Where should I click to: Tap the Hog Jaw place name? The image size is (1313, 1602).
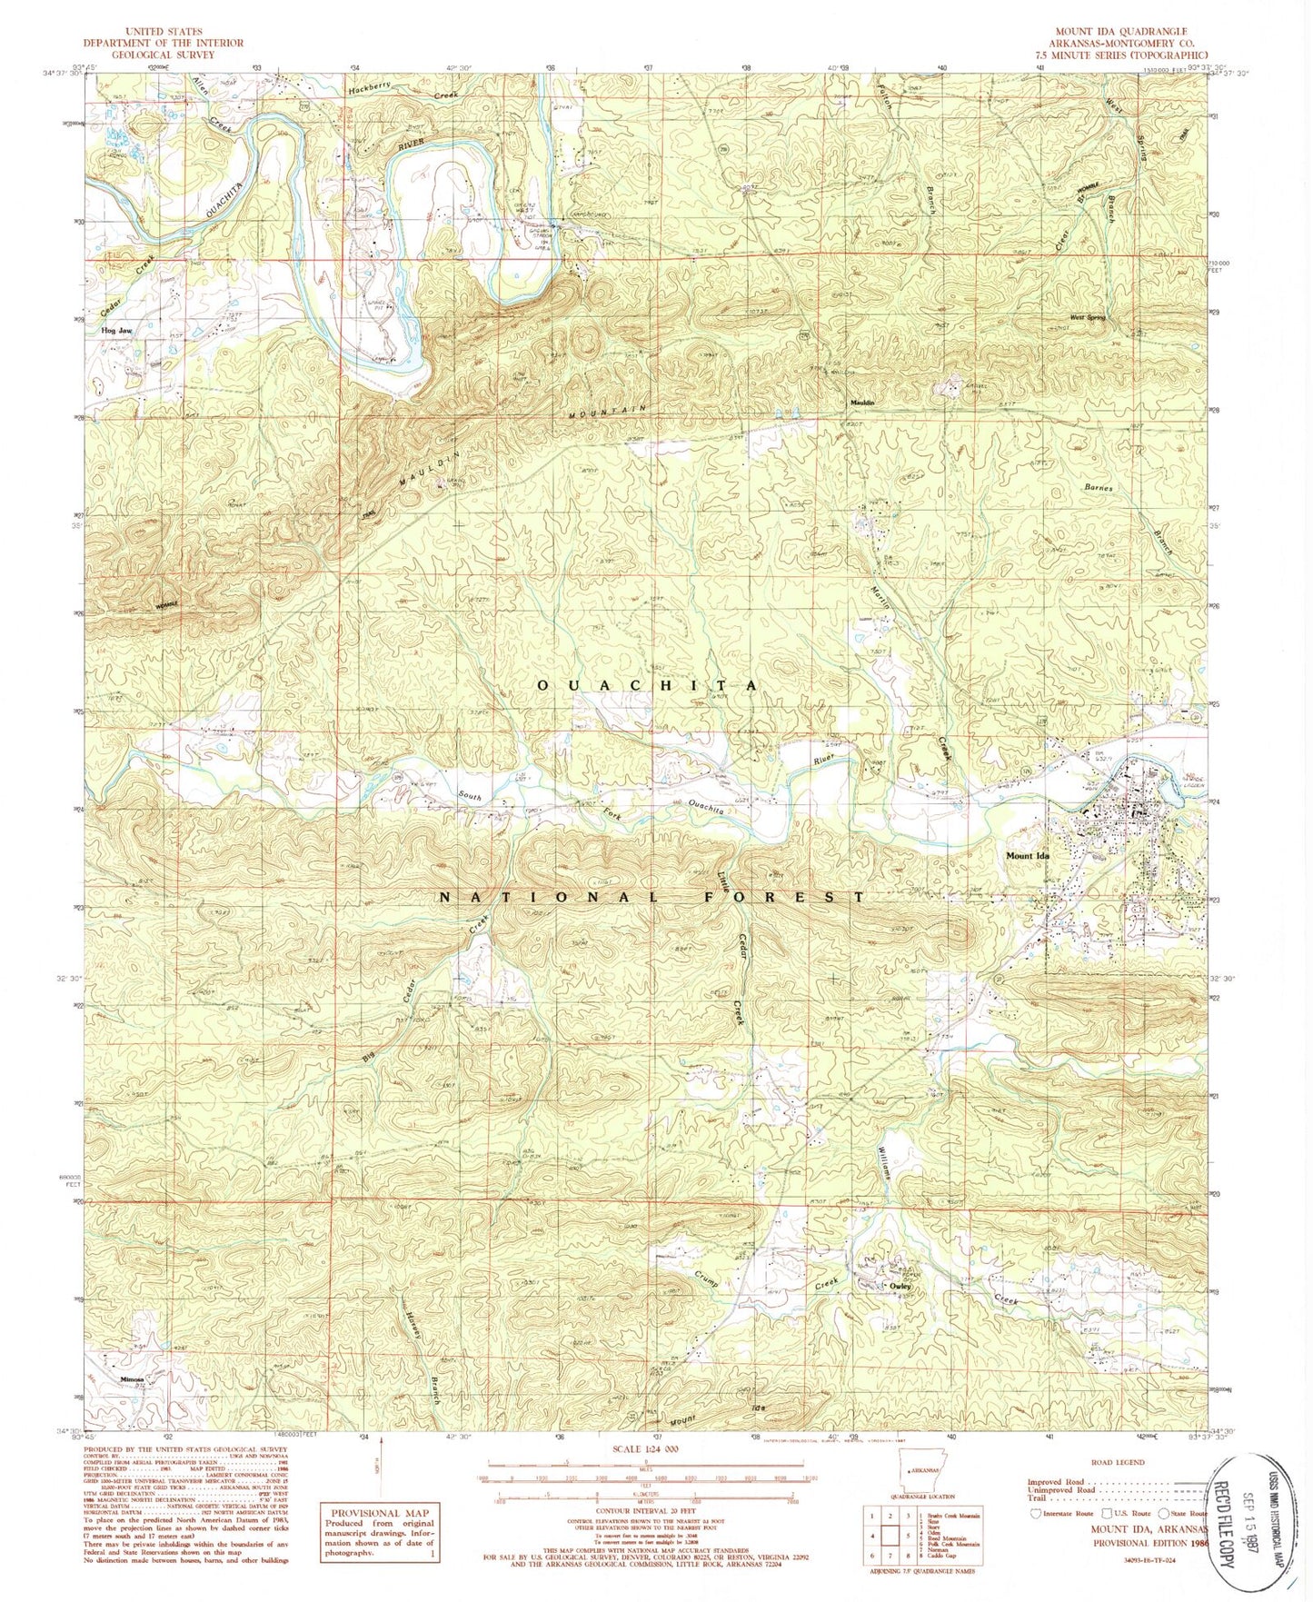tap(119, 332)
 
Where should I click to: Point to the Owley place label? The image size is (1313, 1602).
tap(900, 1287)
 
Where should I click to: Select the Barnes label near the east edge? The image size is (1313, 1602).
tap(1099, 488)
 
